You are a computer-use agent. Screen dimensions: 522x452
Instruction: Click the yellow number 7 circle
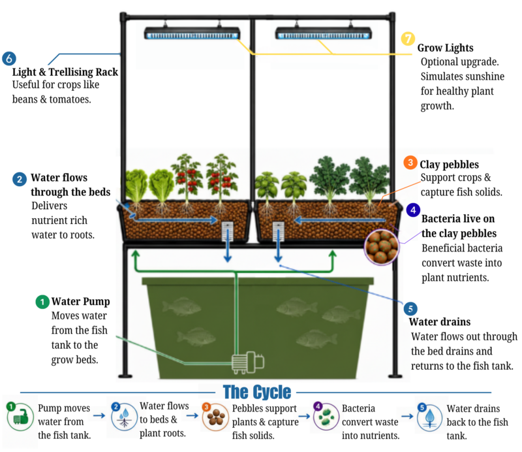pyautogui.click(x=407, y=39)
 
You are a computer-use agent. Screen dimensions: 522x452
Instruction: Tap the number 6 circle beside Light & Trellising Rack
pyautogui.click(x=9, y=58)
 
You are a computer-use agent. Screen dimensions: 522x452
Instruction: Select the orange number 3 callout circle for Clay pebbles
pyautogui.click(x=410, y=163)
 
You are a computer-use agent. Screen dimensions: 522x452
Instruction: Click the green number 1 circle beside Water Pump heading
pyautogui.click(x=42, y=302)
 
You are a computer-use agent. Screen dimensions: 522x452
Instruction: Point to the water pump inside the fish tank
pyautogui.click(x=248, y=362)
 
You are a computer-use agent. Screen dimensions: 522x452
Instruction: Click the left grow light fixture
pyautogui.click(x=192, y=34)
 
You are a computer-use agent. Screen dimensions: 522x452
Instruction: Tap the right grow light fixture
pyautogui.click(x=323, y=34)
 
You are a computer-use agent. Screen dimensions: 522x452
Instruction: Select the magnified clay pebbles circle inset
pyautogui.click(x=382, y=247)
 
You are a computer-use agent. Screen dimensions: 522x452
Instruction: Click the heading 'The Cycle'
pyautogui.click(x=256, y=392)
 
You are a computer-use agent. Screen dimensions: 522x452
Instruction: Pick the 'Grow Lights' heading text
pyautogui.click(x=445, y=48)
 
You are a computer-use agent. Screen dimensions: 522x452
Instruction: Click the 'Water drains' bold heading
pyautogui.click(x=439, y=321)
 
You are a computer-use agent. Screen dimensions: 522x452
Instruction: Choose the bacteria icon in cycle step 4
pyautogui.click(x=326, y=417)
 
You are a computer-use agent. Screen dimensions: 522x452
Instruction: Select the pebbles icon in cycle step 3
pyautogui.click(x=215, y=417)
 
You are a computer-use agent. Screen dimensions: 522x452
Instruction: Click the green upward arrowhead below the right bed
pyautogui.click(x=332, y=255)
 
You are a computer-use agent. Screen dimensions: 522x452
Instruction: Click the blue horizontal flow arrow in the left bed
pyautogui.click(x=175, y=219)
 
